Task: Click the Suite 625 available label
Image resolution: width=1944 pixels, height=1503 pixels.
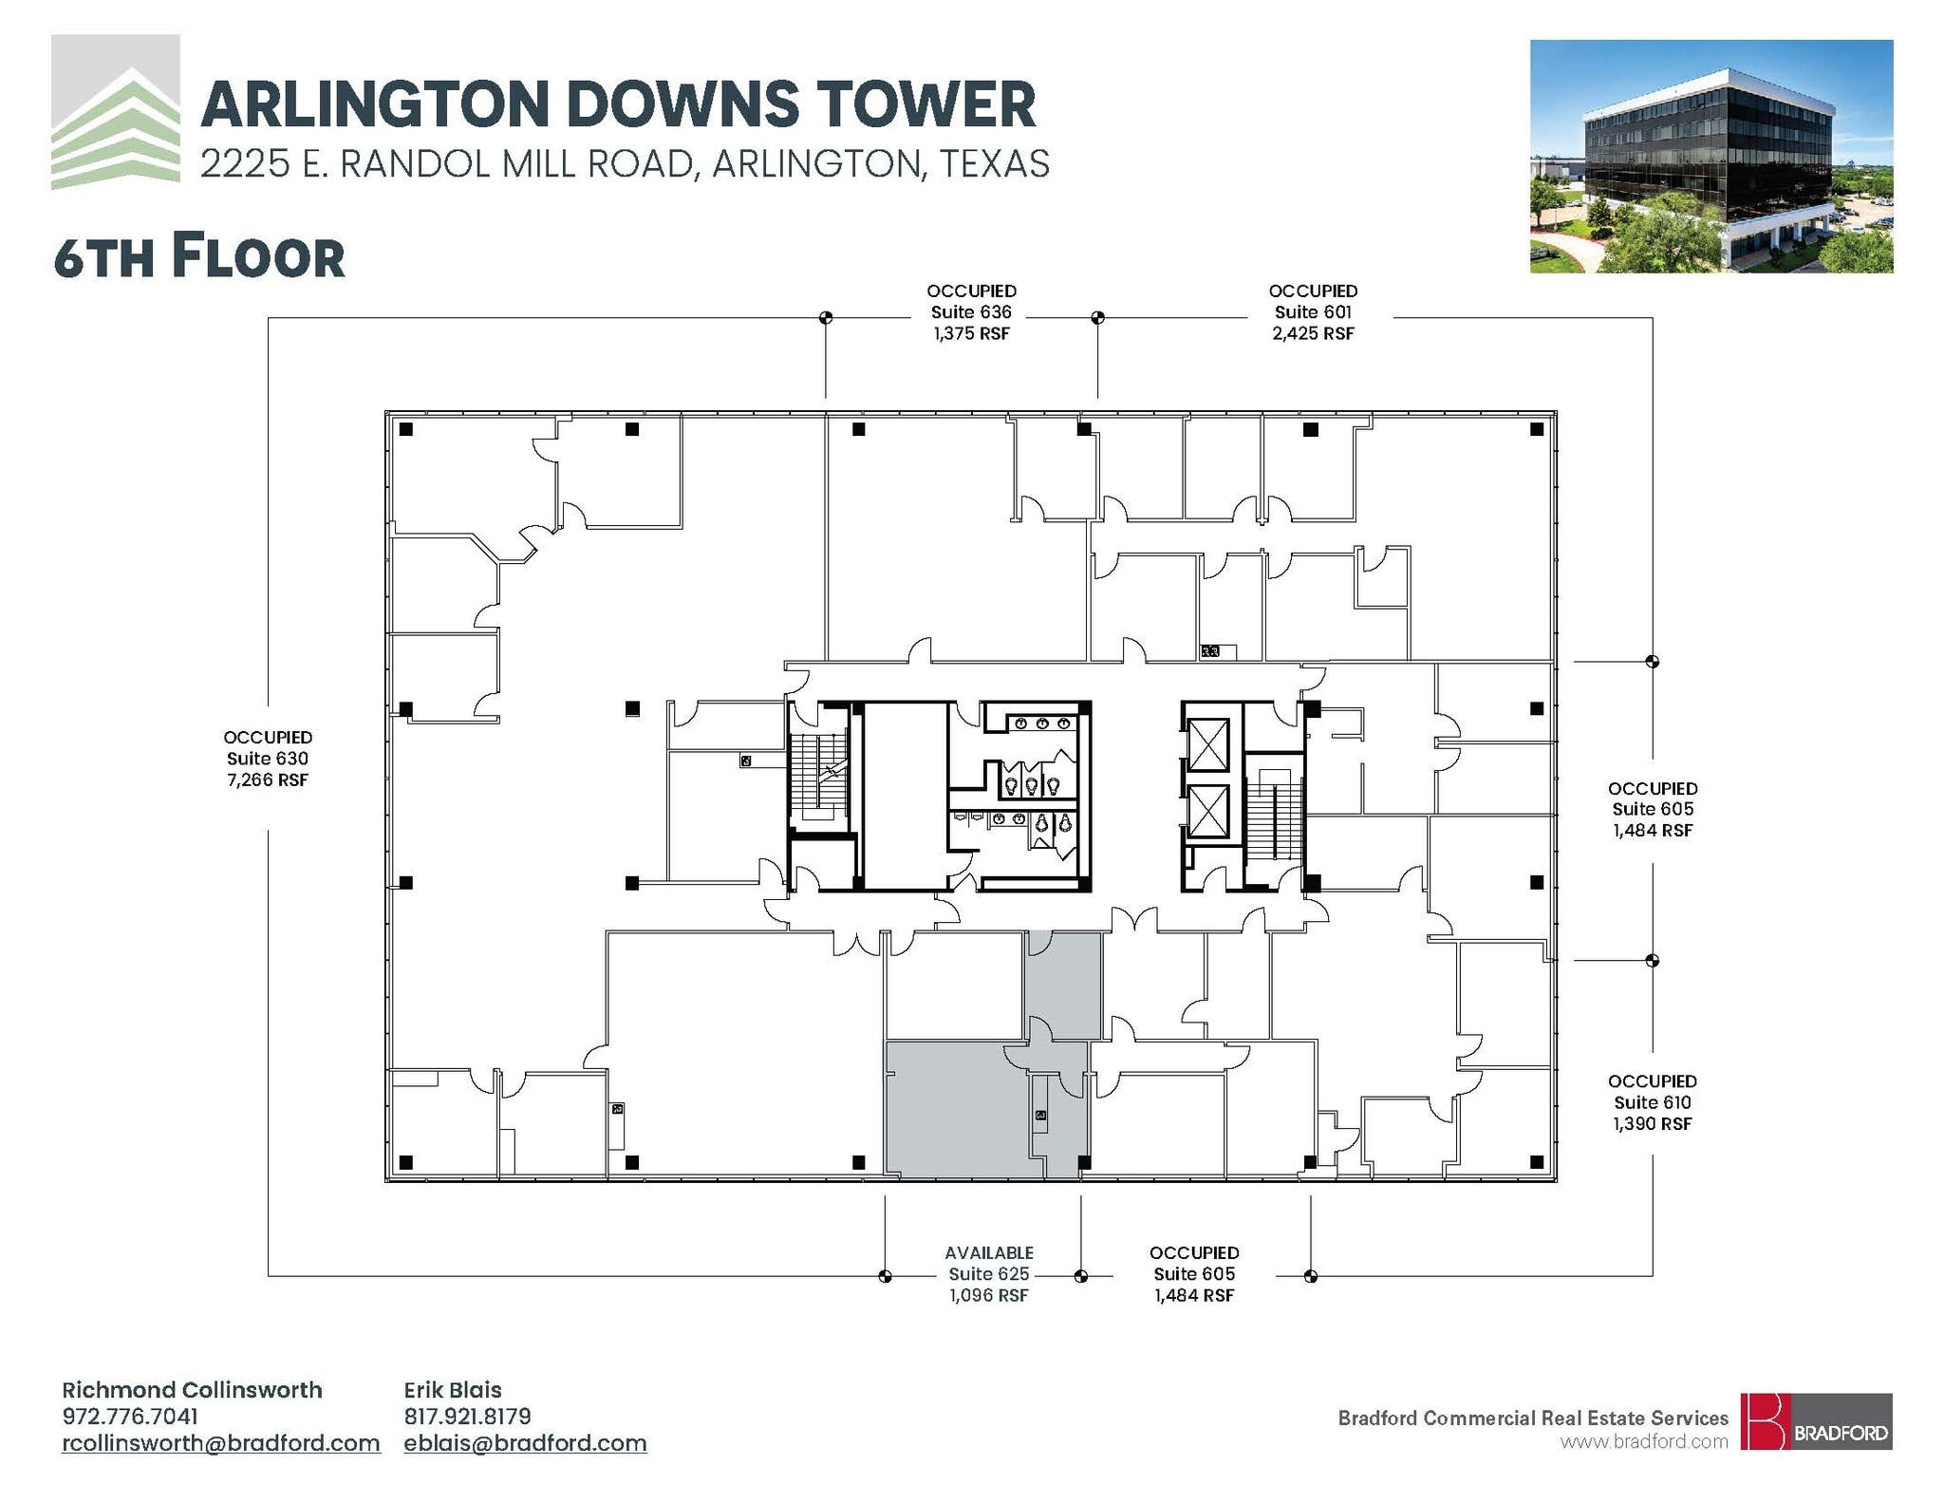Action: [x=988, y=1273]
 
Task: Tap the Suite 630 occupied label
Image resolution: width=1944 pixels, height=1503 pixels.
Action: [x=268, y=758]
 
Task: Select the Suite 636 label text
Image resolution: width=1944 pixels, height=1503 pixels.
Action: [x=971, y=312]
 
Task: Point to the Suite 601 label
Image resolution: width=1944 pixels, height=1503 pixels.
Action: [x=1313, y=312]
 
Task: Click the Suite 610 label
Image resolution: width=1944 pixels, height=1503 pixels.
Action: [x=1652, y=1102]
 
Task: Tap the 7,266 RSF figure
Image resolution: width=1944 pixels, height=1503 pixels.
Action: [x=268, y=780]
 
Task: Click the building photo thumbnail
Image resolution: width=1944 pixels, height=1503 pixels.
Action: [x=1710, y=157]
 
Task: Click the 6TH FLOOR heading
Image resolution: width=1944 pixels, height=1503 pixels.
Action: [x=199, y=257]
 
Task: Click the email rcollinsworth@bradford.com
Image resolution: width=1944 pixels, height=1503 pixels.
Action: [x=220, y=1443]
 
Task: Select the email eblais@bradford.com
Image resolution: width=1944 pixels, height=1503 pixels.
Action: [x=525, y=1443]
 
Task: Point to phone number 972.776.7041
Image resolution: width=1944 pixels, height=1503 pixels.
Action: [x=130, y=1417]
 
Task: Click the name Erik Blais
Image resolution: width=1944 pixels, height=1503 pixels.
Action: [x=452, y=1390]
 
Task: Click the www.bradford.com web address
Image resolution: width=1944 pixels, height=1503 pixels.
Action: [x=1643, y=1441]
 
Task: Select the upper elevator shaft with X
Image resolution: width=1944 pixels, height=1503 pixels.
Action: [x=1207, y=745]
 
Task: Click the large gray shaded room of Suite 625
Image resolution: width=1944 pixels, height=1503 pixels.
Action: [x=954, y=1109]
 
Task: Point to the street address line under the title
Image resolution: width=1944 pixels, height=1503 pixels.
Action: [x=625, y=164]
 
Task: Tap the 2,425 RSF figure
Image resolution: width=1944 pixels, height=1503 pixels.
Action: [x=1313, y=333]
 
